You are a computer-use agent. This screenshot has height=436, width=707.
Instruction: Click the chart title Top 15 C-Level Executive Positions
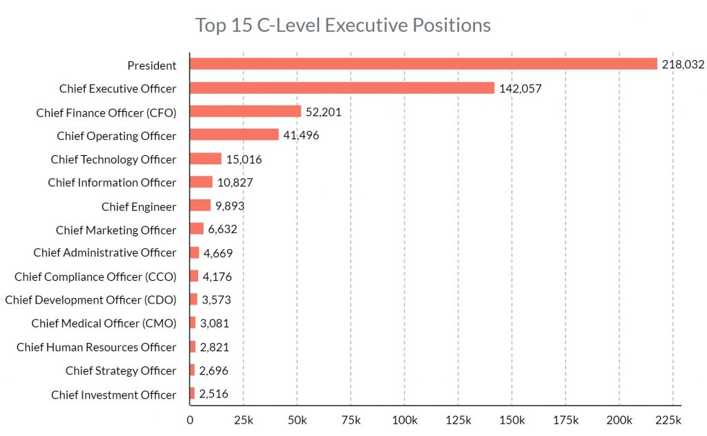pyautogui.click(x=343, y=26)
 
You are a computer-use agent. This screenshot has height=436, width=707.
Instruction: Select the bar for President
pyautogui.click(x=423, y=64)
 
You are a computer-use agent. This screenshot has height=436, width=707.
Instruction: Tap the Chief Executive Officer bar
pyautogui.click(x=342, y=88)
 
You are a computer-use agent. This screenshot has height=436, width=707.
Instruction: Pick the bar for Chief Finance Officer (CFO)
pyautogui.click(x=245, y=112)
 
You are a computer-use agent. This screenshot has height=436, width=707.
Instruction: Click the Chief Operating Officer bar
pyautogui.click(x=234, y=135)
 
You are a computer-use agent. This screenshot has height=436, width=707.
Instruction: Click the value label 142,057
pyautogui.click(x=520, y=88)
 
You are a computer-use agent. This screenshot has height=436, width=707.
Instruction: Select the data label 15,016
pyautogui.click(x=244, y=159)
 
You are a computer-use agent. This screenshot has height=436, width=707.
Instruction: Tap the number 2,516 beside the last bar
pyautogui.click(x=213, y=395)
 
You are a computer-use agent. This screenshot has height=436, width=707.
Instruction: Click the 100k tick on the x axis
pyautogui.click(x=404, y=420)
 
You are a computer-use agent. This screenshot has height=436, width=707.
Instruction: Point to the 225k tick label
pyautogui.click(x=668, y=420)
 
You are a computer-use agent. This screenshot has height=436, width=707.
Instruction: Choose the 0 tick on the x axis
pyautogui.click(x=190, y=420)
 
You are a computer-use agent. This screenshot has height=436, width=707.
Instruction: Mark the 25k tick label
pyautogui.click(x=243, y=420)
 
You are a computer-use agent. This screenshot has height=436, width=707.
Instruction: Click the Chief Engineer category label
pyautogui.click(x=139, y=206)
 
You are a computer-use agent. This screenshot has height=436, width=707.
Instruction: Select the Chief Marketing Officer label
pyautogui.click(x=116, y=230)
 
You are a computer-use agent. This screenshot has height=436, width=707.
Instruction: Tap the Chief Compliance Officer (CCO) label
pyautogui.click(x=95, y=277)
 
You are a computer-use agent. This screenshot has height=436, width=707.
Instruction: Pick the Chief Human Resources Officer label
pyautogui.click(x=96, y=347)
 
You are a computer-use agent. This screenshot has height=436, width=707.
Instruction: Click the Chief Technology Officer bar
pyautogui.click(x=206, y=159)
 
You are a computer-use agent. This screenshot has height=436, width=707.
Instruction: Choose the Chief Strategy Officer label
pyautogui.click(x=121, y=370)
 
